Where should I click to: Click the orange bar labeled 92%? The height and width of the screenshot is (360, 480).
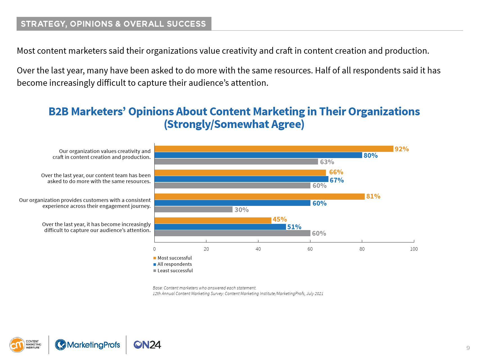pyautogui.click(x=274, y=149)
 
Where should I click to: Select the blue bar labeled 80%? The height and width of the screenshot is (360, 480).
pyautogui.click(x=258, y=155)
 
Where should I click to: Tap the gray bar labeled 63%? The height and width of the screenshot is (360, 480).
pyautogui.click(x=236, y=162)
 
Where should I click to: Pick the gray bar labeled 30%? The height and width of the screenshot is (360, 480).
pyautogui.click(x=193, y=210)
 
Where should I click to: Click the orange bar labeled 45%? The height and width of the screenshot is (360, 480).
pyautogui.click(x=213, y=220)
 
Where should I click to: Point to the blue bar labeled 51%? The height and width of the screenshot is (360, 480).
pyautogui.click(x=220, y=227)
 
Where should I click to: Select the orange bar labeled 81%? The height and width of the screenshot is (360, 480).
pyautogui.click(x=260, y=197)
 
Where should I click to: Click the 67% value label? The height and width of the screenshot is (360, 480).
pyautogui.click(x=337, y=180)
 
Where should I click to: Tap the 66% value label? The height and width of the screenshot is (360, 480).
pyautogui.click(x=336, y=172)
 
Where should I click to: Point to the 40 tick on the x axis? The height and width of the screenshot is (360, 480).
pyautogui.click(x=258, y=249)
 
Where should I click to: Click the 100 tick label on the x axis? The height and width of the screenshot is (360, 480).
pyautogui.click(x=414, y=249)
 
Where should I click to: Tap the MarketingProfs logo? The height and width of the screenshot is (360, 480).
pyautogui.click(x=87, y=345)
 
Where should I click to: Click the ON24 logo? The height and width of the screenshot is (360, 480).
pyautogui.click(x=147, y=345)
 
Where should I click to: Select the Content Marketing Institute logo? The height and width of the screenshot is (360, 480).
pyautogui.click(x=25, y=345)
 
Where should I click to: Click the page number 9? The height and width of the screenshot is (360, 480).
pyautogui.click(x=468, y=348)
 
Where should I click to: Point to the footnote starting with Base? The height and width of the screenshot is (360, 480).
pyautogui.click(x=204, y=288)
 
